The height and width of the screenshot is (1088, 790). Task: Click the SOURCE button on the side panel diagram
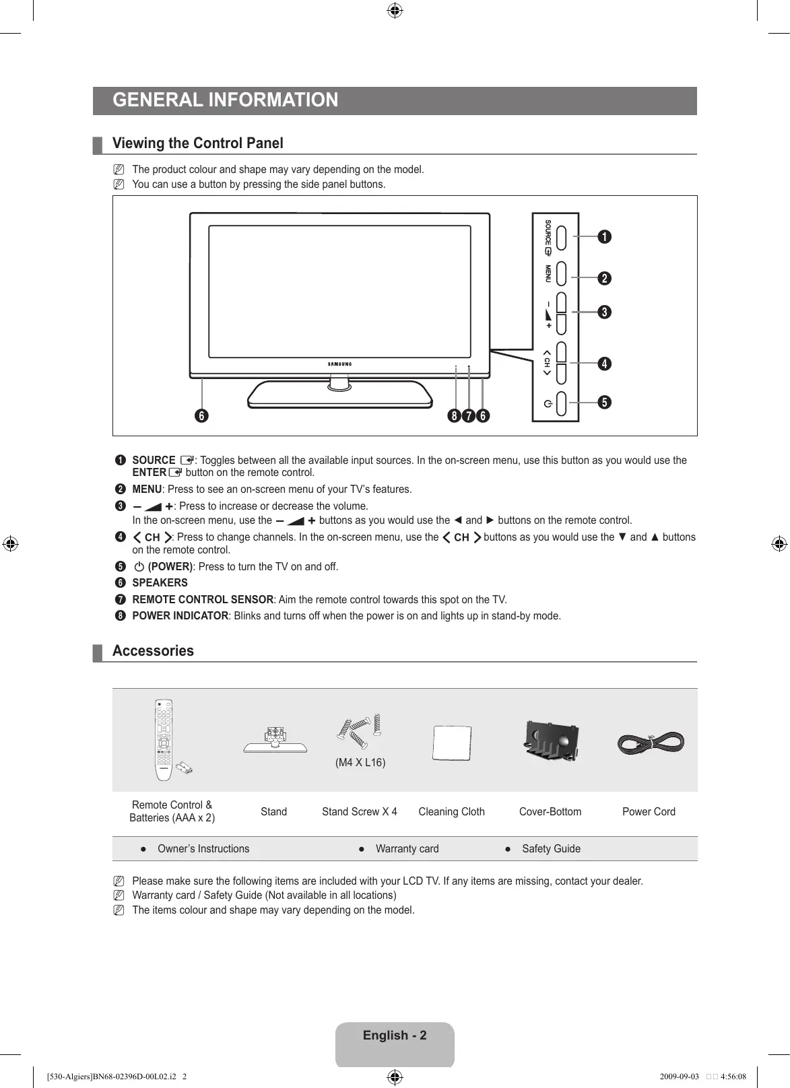pos(562,237)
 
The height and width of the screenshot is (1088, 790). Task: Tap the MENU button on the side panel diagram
pos(562,274)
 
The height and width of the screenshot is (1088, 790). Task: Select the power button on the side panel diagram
pos(562,403)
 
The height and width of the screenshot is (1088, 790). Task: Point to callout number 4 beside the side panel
pos(604,364)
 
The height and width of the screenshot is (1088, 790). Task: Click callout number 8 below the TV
pos(455,416)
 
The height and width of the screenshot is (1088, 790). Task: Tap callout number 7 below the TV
pos(469,416)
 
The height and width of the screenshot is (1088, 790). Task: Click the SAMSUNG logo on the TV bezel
pos(340,364)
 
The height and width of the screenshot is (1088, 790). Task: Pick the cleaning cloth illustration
pos(451,743)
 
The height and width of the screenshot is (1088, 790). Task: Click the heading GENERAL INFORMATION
pos(226,100)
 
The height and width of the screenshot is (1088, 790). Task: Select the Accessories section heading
pos(153,651)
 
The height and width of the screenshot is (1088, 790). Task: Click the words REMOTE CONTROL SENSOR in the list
pos(203,600)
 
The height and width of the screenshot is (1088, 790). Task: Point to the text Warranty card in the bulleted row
pos(407,849)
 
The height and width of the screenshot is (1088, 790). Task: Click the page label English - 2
pos(395,1035)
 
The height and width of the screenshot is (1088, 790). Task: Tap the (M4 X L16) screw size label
pos(360,763)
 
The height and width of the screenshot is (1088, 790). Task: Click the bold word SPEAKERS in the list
pos(160,583)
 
